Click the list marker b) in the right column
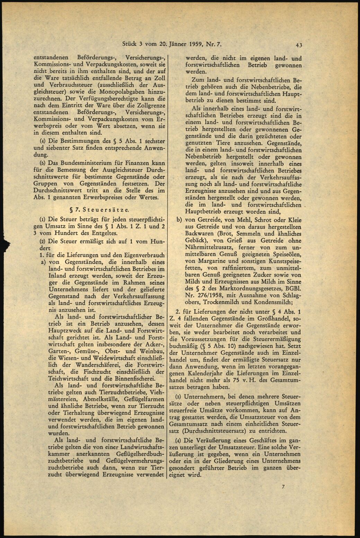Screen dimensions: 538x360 tap(179, 220)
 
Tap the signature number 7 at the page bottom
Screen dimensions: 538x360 tap(283, 488)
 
